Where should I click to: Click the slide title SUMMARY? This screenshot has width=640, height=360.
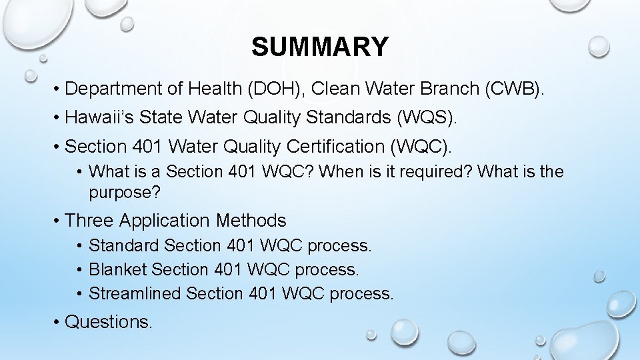point(319,47)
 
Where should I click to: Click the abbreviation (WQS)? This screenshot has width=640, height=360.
point(427,118)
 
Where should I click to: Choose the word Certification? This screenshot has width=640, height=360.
point(339,146)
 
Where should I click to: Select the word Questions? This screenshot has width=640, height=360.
point(109,322)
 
